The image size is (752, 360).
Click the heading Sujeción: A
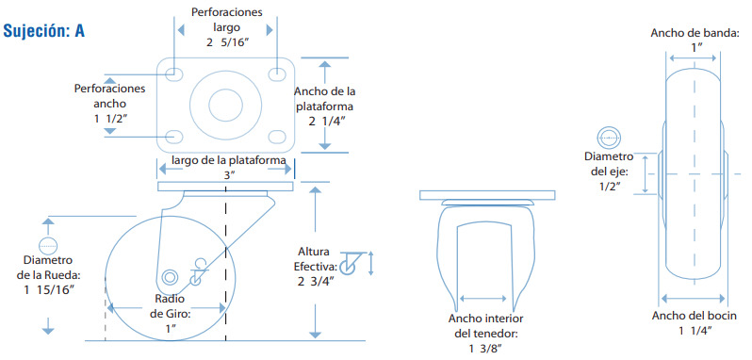coord(44,31)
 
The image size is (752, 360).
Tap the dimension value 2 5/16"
coord(227,42)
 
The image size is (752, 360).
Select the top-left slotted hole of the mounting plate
coord(173,74)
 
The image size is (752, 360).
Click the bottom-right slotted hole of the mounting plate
coord(277,137)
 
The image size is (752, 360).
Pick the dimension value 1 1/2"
coord(110,118)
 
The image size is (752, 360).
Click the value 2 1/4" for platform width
coord(328,122)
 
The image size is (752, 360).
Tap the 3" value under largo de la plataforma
coord(228,175)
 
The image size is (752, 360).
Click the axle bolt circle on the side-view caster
coord(170,277)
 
